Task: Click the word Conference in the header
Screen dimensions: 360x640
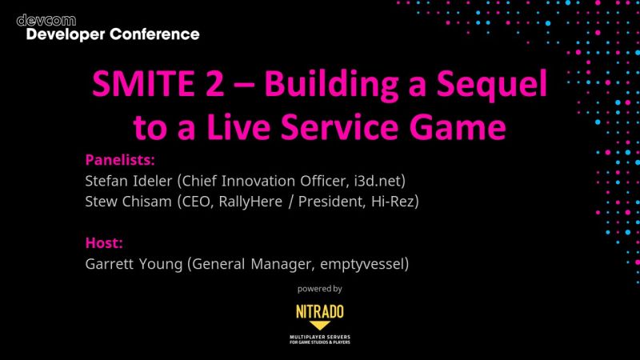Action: pyautogui.click(x=155, y=34)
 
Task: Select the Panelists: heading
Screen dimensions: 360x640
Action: pyautogui.click(x=119, y=159)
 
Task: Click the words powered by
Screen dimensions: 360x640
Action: pyautogui.click(x=319, y=288)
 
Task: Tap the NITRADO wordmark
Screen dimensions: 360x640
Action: pyautogui.click(x=319, y=310)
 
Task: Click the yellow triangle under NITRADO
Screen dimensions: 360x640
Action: pyautogui.click(x=319, y=326)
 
